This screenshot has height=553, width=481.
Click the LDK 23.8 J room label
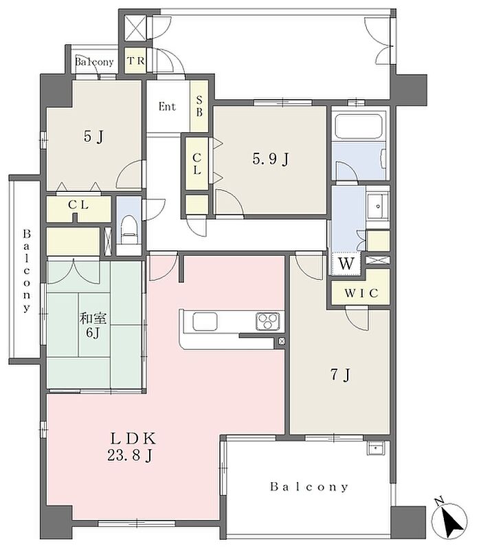click(132, 447)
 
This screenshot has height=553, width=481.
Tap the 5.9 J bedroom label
click(270, 160)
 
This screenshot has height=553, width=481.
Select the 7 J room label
click(340, 375)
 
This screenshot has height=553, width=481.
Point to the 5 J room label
click(93, 136)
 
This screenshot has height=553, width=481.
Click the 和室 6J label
click(93, 325)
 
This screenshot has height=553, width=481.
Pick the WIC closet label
click(361, 293)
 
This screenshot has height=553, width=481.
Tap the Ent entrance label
click(167, 107)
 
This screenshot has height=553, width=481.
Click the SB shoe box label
click(199, 106)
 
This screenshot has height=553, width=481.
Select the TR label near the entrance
click(135, 61)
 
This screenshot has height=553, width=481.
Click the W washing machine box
click(346, 263)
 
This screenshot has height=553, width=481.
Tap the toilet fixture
click(128, 230)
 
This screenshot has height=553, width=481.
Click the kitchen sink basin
click(205, 321)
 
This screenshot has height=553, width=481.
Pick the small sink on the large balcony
click(377, 448)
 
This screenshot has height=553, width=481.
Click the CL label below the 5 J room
click(78, 204)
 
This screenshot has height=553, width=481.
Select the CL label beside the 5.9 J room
click(197, 164)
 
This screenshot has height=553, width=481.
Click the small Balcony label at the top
click(94, 62)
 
